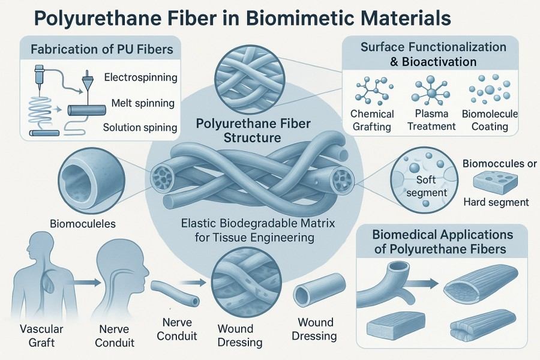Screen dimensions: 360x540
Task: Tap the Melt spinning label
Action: click(143, 103)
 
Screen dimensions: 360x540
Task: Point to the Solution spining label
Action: click(139, 127)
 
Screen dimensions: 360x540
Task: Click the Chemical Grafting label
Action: click(371, 120)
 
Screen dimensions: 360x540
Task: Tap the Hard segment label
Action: click(496, 202)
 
